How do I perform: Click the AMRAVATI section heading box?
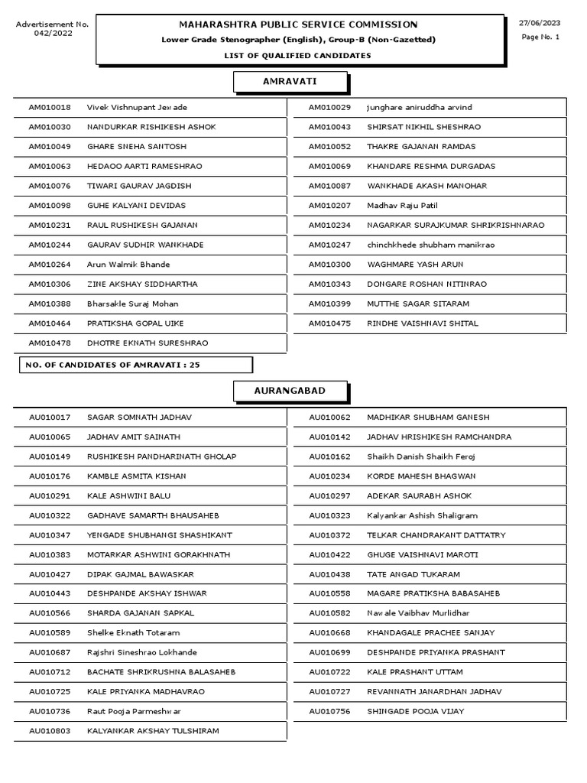pyautogui.click(x=290, y=81)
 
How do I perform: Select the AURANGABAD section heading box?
pyautogui.click(x=290, y=391)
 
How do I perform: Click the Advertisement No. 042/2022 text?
pyautogui.click(x=53, y=29)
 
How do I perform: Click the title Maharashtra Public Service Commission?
pyautogui.click(x=299, y=24)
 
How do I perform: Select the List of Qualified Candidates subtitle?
pyautogui.click(x=297, y=55)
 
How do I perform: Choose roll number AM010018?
pyautogui.click(x=50, y=108)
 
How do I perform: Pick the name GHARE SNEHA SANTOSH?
pyautogui.click(x=136, y=147)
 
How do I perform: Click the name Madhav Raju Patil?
pyautogui.click(x=402, y=206)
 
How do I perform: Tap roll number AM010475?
pyautogui.click(x=329, y=323)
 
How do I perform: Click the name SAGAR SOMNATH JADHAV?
pyautogui.click(x=139, y=417)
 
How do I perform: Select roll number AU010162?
pyautogui.click(x=329, y=456)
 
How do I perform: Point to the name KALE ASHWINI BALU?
pyautogui.click(x=128, y=496)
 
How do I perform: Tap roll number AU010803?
pyautogui.click(x=50, y=731)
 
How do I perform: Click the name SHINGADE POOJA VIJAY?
pyautogui.click(x=415, y=711)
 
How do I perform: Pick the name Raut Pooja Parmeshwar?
pyautogui.click(x=134, y=711)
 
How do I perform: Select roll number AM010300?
pyautogui.click(x=329, y=265)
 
